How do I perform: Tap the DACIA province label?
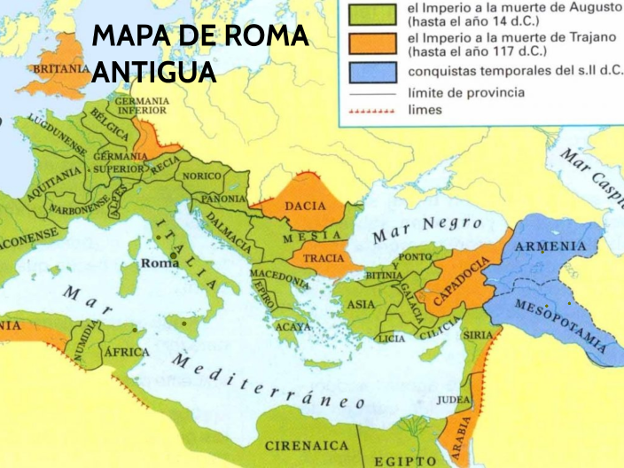click(299, 206)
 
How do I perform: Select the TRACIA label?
click(323, 259)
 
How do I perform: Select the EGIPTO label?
click(406, 461)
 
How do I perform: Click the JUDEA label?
click(455, 400)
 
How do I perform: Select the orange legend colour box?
click(371, 43)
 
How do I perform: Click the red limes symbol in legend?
click(371, 113)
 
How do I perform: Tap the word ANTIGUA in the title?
click(153, 72)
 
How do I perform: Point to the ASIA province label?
click(361, 303)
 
